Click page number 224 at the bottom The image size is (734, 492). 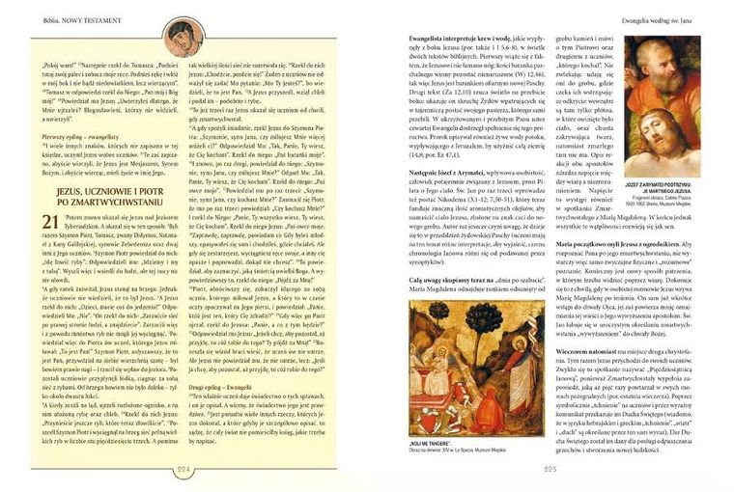185,470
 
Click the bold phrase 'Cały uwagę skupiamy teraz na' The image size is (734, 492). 446,277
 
